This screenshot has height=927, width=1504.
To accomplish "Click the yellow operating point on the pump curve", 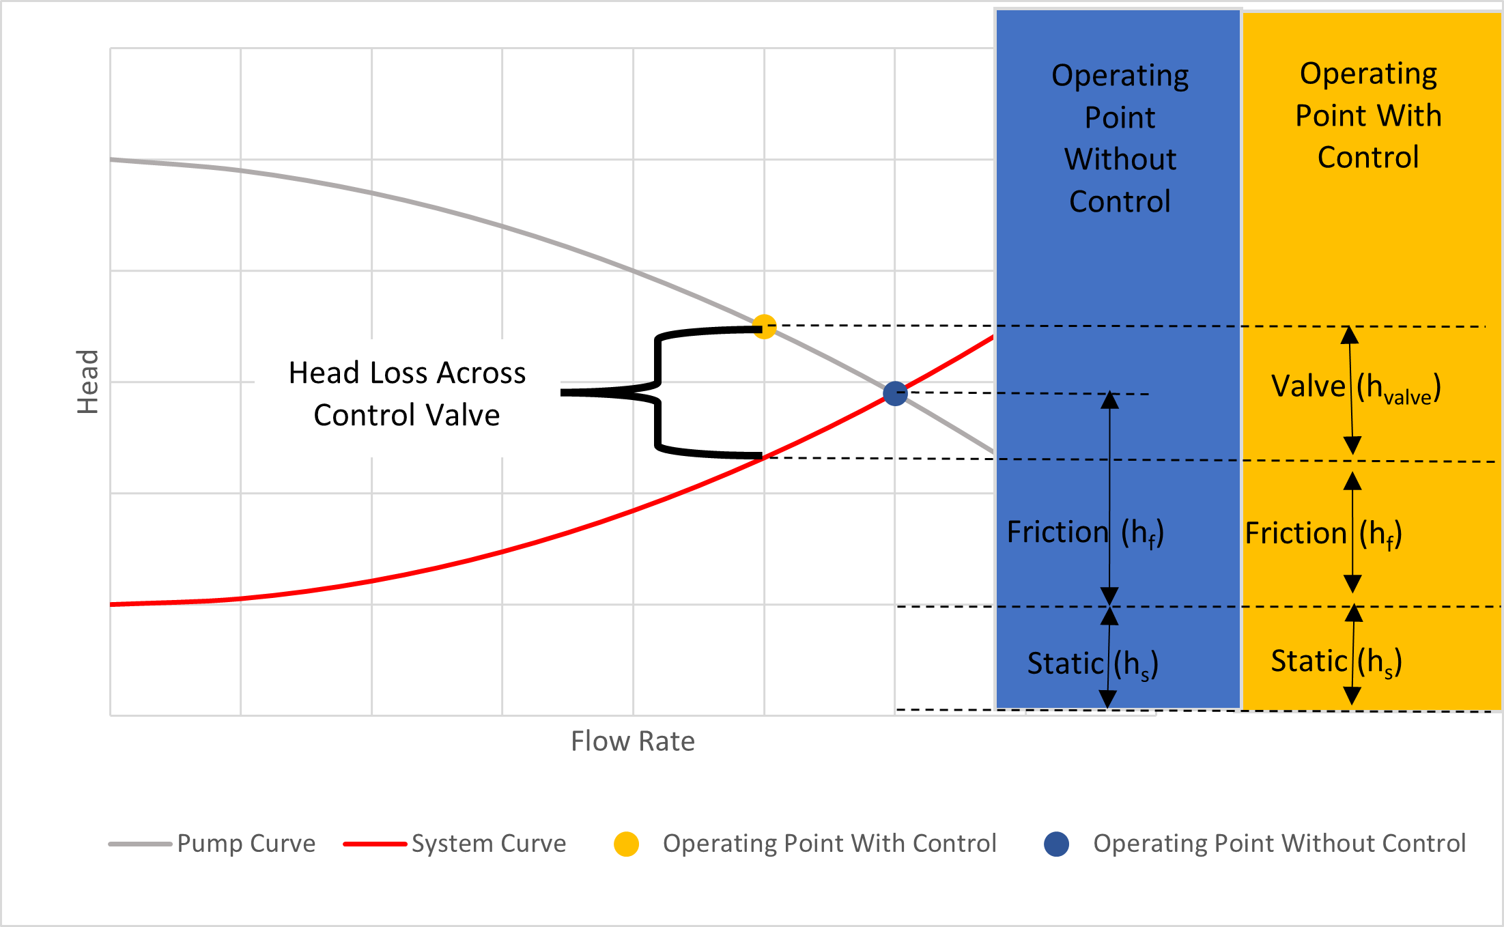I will [764, 327].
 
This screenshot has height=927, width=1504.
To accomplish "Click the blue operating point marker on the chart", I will [894, 393].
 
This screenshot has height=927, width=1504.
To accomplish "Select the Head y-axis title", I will [88, 382].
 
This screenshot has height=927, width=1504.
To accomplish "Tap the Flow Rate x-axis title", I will [632, 741].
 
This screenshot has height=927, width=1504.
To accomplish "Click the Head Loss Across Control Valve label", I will [407, 394].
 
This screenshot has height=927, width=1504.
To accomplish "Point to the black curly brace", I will [657, 393].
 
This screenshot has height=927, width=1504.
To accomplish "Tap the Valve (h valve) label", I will [1355, 388].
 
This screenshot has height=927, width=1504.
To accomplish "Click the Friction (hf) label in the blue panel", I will [1085, 533].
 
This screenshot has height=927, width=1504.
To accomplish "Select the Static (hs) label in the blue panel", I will [1092, 664].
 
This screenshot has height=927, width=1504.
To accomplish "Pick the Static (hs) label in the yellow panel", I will [1336, 662].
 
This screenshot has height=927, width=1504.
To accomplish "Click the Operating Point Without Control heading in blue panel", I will [1120, 139].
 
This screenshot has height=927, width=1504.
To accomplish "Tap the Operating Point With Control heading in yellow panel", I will [1368, 116].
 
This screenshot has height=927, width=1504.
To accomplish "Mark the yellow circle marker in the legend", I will [626, 844].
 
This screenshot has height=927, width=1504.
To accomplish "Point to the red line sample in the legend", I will [375, 844].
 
